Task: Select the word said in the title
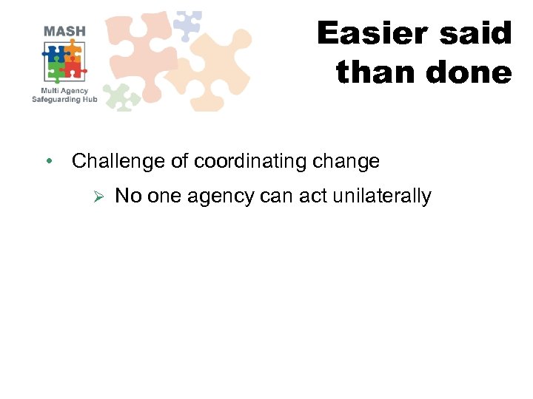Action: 477,34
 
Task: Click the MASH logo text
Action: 64,31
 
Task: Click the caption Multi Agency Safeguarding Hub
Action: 64,95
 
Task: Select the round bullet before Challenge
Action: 47,161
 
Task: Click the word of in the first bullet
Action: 181,161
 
